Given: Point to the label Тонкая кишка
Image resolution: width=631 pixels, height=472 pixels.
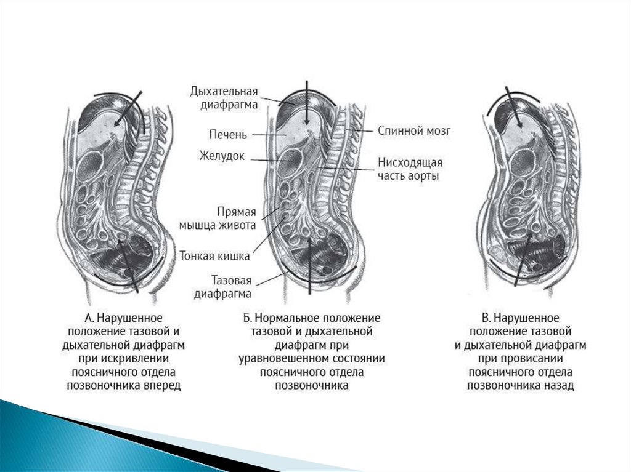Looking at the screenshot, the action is point(214,254).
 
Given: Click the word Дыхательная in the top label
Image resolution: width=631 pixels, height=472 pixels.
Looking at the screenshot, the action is point(224,91).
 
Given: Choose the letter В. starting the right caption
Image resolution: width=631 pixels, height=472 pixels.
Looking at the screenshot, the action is point(487,318).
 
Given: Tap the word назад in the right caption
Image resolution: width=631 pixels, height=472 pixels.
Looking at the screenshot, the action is point(560,386).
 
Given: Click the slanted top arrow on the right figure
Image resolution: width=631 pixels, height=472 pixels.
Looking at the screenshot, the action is point(515,108).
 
